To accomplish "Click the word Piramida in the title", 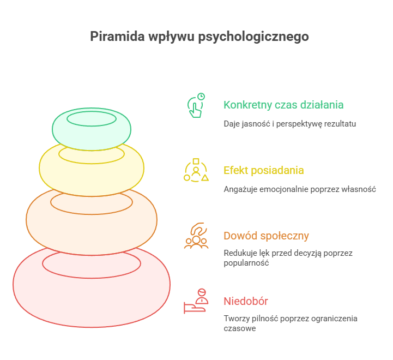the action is pos(117,36).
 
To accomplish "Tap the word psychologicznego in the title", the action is pos(253,37).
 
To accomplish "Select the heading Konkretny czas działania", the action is pos(283,105).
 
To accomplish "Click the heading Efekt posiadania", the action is pos(264,170).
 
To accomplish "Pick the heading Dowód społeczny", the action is pos(266,236).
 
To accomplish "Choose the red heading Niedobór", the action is pos(246,301).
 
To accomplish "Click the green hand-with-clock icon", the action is pos(196,105).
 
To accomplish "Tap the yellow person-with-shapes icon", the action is pos(196,170).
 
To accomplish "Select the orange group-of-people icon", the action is pos(196,235).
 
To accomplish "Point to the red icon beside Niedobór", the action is pos(196,301).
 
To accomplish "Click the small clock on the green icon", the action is pos(201,97).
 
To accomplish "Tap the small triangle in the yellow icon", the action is pos(205,178).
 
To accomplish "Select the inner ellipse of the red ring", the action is pos(92,278).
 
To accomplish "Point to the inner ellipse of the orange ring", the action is pos(92,214).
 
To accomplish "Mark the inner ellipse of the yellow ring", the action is pos(92,164).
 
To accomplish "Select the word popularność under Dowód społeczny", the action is pos(246,263).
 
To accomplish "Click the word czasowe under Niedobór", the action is pos(240,328).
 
